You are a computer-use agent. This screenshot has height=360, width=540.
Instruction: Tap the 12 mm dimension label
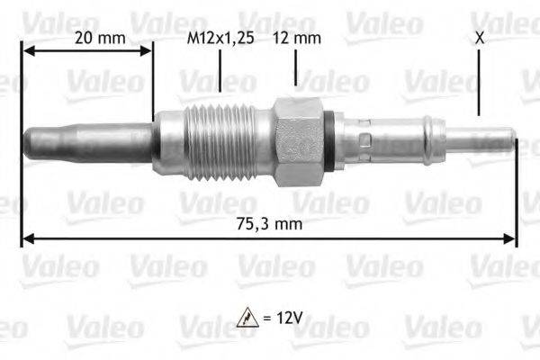[296, 38]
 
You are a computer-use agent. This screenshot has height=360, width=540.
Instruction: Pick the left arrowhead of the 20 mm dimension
[28, 51]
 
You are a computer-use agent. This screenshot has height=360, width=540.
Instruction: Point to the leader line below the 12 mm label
[295, 70]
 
